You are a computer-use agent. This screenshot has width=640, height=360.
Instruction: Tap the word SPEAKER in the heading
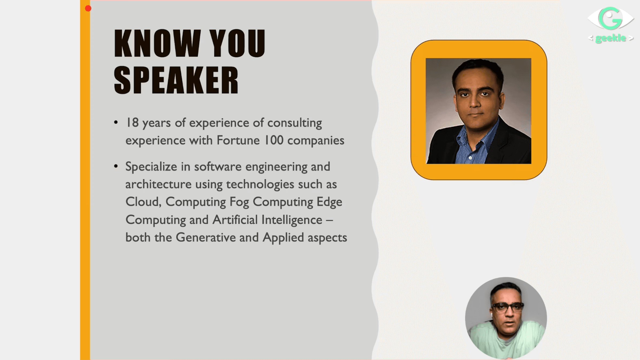[176, 80]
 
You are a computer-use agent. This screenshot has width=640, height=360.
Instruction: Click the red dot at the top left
[88, 9]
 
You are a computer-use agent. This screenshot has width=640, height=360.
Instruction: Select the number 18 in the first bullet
[133, 123]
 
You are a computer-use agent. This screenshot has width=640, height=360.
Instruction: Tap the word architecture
[159, 184]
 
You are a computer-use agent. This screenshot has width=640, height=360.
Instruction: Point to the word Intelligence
[292, 220]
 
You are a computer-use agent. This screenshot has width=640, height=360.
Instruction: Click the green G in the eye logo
[610, 18]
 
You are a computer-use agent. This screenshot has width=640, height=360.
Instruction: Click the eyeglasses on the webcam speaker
[508, 307]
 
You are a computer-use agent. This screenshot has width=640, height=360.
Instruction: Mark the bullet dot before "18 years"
[116, 123]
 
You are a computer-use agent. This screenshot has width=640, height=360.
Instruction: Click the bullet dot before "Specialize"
[116, 166]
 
